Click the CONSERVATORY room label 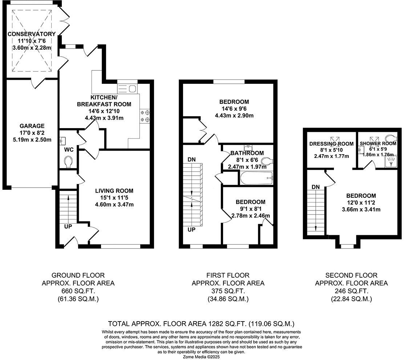point(32,34)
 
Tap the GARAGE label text point(32,126)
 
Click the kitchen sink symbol point(126,88)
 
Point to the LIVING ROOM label point(114,191)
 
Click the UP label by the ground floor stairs point(68,226)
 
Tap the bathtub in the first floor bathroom point(256,178)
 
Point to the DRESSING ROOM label point(331,144)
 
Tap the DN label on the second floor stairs point(315,187)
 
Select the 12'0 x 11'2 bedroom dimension point(361,202)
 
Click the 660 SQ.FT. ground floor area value point(78,291)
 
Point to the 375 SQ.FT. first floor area point(228,291)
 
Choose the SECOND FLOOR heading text point(351,275)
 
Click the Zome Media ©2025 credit point(202,357)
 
